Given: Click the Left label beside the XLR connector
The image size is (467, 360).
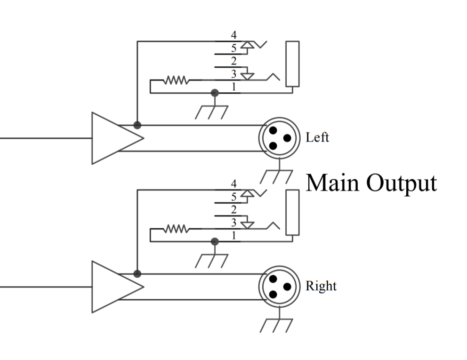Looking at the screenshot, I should [x=317, y=138].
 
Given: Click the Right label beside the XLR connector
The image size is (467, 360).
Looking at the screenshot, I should [x=321, y=286].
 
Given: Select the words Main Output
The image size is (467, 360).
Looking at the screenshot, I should [x=371, y=183].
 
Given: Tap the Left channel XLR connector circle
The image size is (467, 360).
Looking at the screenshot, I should [x=279, y=138].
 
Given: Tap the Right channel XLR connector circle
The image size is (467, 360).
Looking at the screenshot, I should [x=279, y=286].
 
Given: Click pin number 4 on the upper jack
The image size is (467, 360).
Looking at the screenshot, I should [x=234, y=35].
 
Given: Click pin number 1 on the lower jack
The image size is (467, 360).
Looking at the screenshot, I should [x=234, y=236].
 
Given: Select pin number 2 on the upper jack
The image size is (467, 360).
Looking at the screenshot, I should [x=234, y=61].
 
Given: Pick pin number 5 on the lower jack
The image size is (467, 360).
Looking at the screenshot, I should [x=234, y=196].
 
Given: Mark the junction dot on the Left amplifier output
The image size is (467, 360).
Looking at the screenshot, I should [x=137, y=125].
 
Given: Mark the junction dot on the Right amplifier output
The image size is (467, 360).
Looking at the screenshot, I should [x=137, y=274].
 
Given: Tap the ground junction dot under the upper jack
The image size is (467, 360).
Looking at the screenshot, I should [x=215, y=93].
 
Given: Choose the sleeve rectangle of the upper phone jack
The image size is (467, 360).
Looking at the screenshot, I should [x=292, y=64].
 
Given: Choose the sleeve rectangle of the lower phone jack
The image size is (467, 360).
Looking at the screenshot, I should [x=292, y=212].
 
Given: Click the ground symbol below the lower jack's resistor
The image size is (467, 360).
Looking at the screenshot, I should [x=212, y=259].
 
